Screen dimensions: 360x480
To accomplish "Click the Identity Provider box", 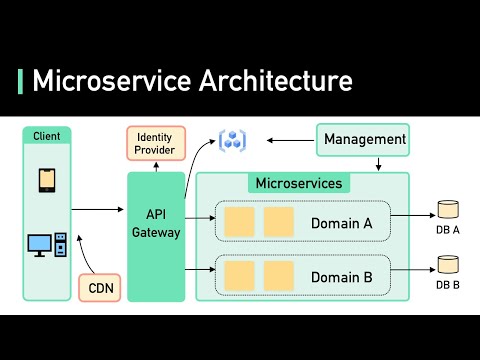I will click(155, 142).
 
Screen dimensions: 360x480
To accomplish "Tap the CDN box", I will click(100, 287).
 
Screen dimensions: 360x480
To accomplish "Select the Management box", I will click(365, 139).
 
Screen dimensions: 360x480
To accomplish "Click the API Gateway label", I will click(156, 223).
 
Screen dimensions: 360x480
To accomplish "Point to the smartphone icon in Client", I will click(47, 180).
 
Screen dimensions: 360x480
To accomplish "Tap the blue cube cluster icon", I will click(233, 141).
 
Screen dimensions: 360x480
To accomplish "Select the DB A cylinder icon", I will click(448, 211).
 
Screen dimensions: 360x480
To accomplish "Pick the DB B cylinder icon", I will click(448, 265).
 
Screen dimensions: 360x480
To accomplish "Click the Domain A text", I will click(342, 223).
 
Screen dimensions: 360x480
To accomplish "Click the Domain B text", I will click(342, 276).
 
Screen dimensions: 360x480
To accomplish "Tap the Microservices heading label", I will click(299, 183).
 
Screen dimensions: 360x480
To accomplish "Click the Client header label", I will click(47, 136).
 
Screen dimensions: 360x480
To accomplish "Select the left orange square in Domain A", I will click(239, 222).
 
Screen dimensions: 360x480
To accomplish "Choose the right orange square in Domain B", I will click(278, 275).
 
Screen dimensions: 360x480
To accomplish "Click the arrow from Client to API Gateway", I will click(99, 208).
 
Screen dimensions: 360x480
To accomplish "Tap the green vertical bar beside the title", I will click(21, 81).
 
